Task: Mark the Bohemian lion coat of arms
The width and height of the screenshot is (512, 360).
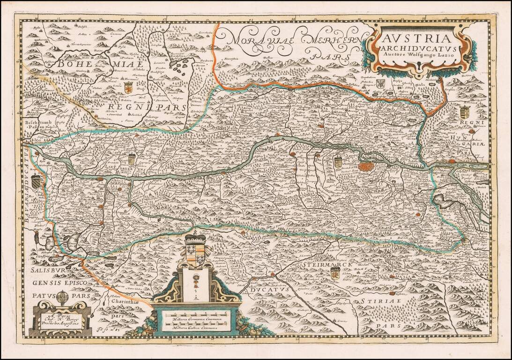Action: point(128,87)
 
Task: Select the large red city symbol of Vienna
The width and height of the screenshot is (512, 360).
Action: point(367,166)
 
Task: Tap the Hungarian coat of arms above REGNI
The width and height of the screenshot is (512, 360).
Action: point(465,112)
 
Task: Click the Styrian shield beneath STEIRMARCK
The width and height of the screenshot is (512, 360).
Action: point(335,274)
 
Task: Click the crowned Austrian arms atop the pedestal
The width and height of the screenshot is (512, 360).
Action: point(196,248)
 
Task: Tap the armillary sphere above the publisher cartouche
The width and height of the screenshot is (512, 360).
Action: point(62,297)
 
